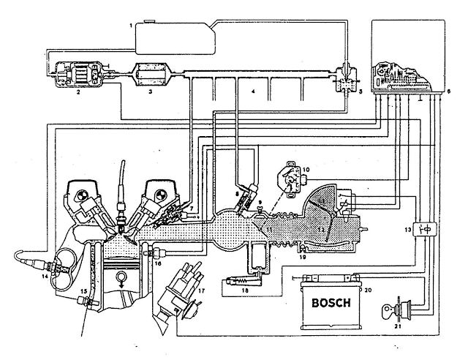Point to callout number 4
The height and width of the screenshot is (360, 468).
coord(252,93)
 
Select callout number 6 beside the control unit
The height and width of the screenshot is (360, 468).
coord(448,91)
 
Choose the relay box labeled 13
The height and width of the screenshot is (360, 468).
coord(423,228)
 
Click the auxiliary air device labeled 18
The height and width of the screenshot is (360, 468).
coord(241,280)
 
